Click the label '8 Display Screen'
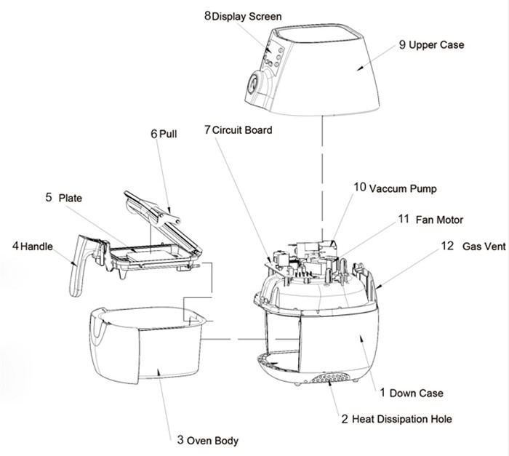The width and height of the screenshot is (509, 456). point(243,16)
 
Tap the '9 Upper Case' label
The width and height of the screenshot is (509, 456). point(431,45)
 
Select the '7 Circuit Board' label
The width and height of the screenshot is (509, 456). point(239,130)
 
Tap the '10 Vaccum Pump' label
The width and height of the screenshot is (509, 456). point(396,187)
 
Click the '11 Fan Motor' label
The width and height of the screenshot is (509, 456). point(430,219)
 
